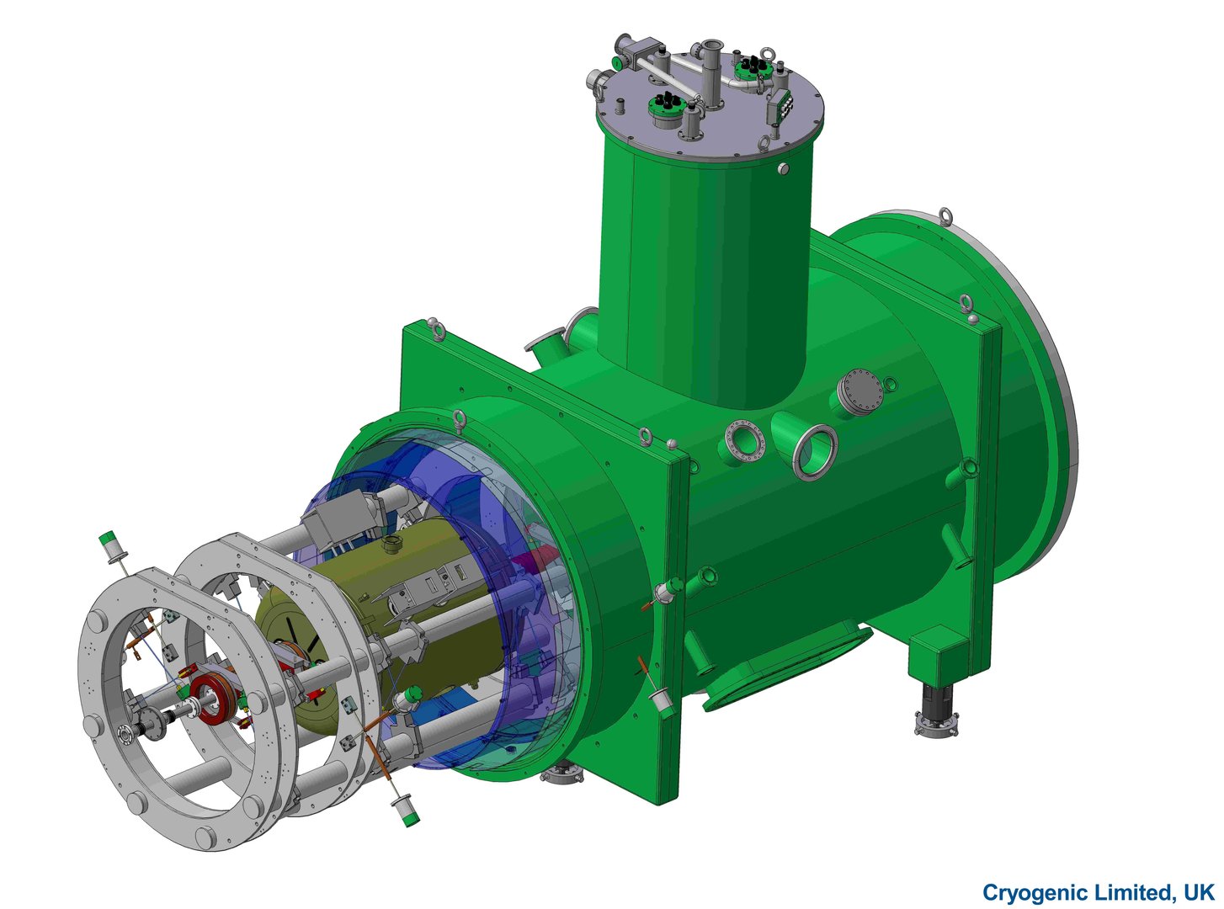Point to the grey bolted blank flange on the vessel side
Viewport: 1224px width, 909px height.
(859, 391)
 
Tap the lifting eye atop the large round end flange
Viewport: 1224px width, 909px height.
(945, 216)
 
